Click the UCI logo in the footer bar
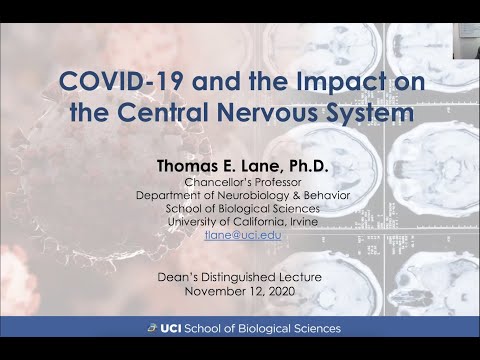pyautogui.click(x=162, y=328)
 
